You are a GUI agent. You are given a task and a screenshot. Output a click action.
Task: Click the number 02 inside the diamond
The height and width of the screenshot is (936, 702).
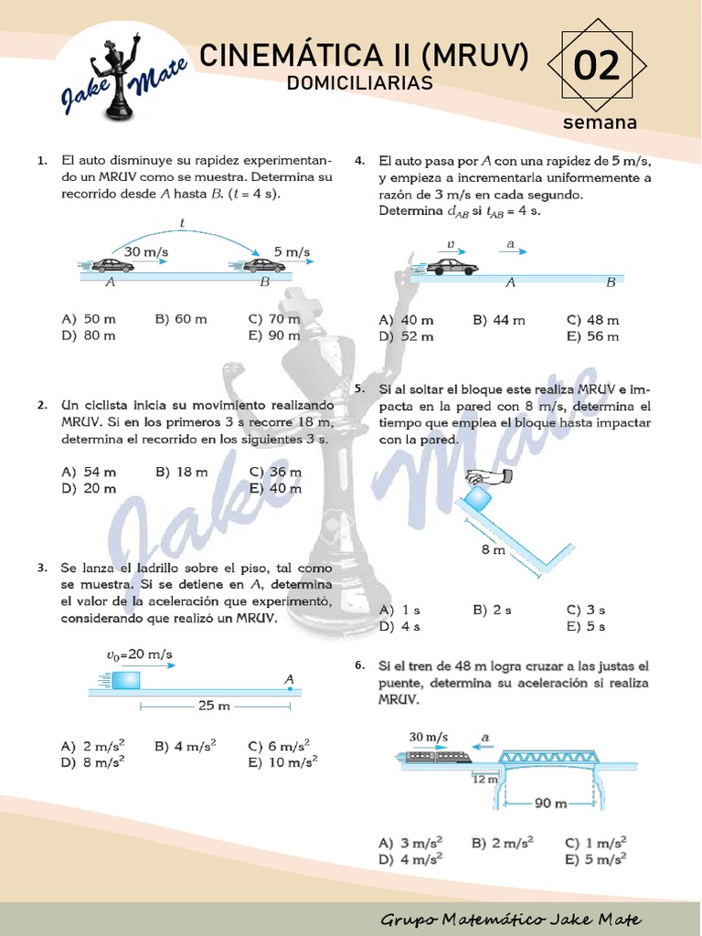[x=597, y=67]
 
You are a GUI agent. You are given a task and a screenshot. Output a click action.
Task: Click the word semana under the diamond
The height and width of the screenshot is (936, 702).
[x=600, y=122]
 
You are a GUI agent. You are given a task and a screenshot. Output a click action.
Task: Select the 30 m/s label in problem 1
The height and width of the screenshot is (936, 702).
[x=146, y=250]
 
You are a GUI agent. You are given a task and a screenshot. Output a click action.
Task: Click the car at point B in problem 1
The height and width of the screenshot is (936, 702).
[x=263, y=265]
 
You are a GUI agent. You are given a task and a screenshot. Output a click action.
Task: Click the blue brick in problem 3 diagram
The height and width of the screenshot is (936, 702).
[x=126, y=680]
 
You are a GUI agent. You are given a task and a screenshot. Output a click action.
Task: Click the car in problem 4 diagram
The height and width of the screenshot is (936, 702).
[x=452, y=266]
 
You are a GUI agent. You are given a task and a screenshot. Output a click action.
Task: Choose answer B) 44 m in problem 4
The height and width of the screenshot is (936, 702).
[x=499, y=320]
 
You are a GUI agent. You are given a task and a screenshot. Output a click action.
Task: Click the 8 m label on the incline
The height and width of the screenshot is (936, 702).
[x=493, y=549]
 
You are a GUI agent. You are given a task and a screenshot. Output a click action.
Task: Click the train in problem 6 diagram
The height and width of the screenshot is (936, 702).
[x=437, y=756]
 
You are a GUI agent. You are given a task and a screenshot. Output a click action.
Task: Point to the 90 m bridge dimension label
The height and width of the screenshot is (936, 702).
[x=550, y=803]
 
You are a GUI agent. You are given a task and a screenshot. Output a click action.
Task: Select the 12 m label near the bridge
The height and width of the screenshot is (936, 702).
[x=484, y=779]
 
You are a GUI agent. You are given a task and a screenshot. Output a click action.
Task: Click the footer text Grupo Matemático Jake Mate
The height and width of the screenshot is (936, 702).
[x=510, y=920]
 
